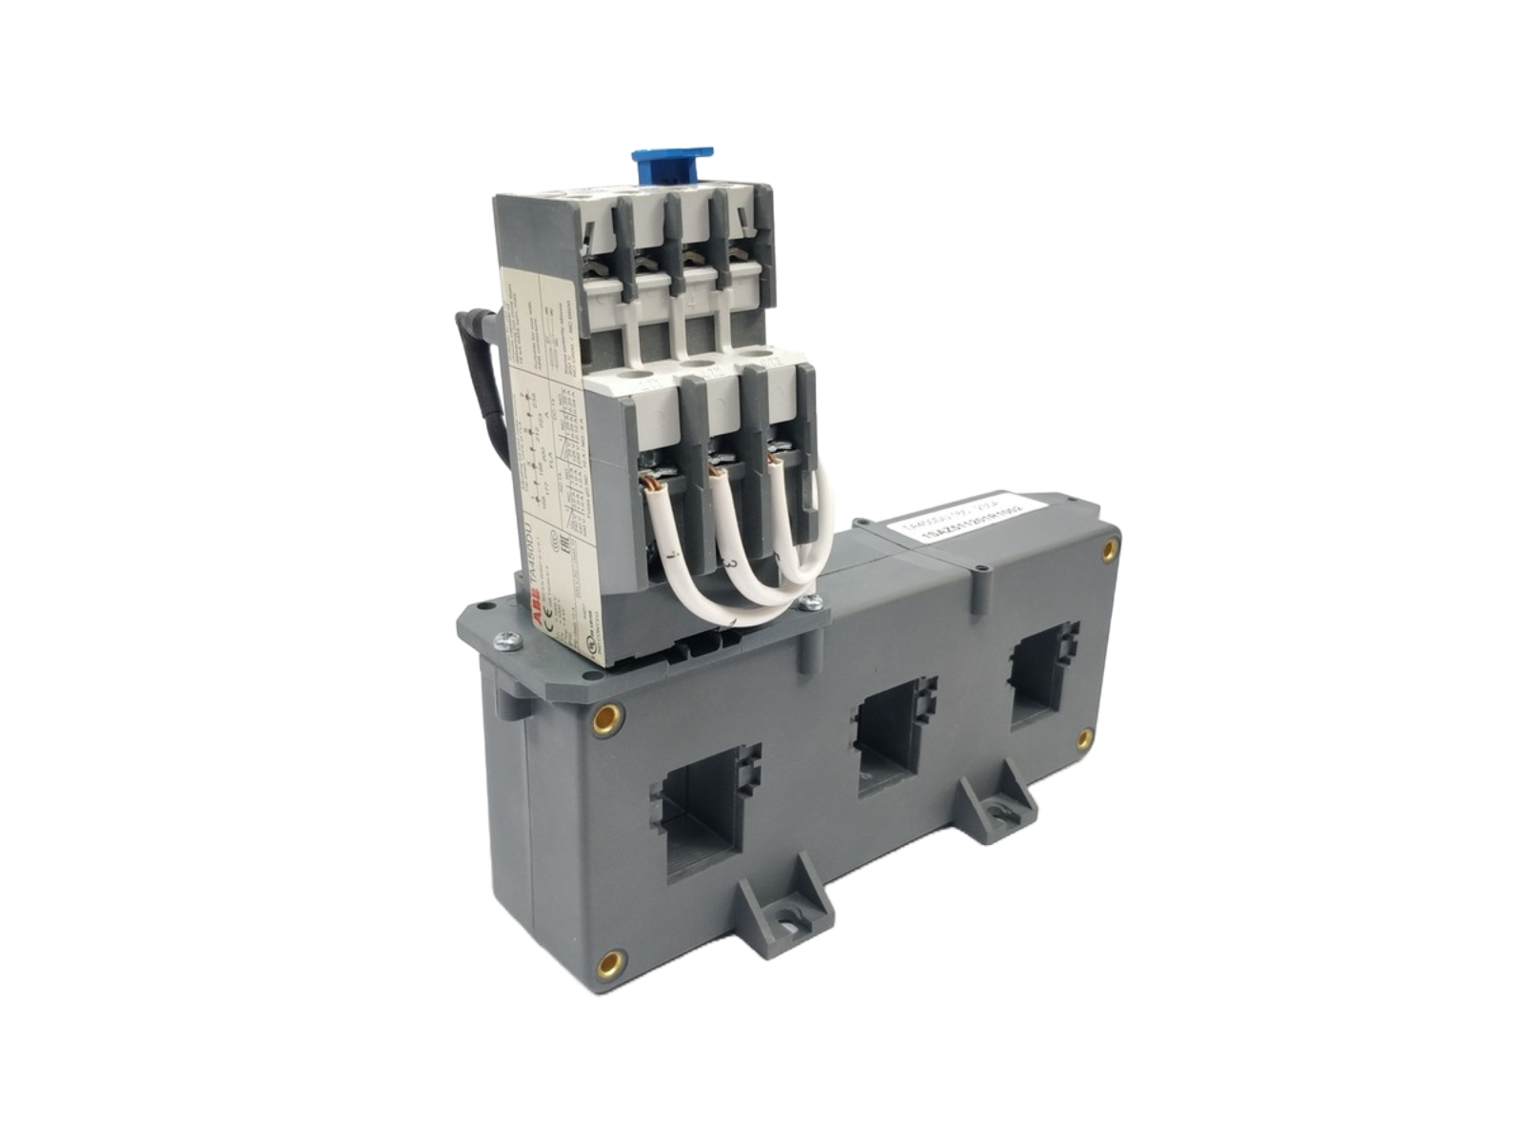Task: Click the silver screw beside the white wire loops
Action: (811, 601)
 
